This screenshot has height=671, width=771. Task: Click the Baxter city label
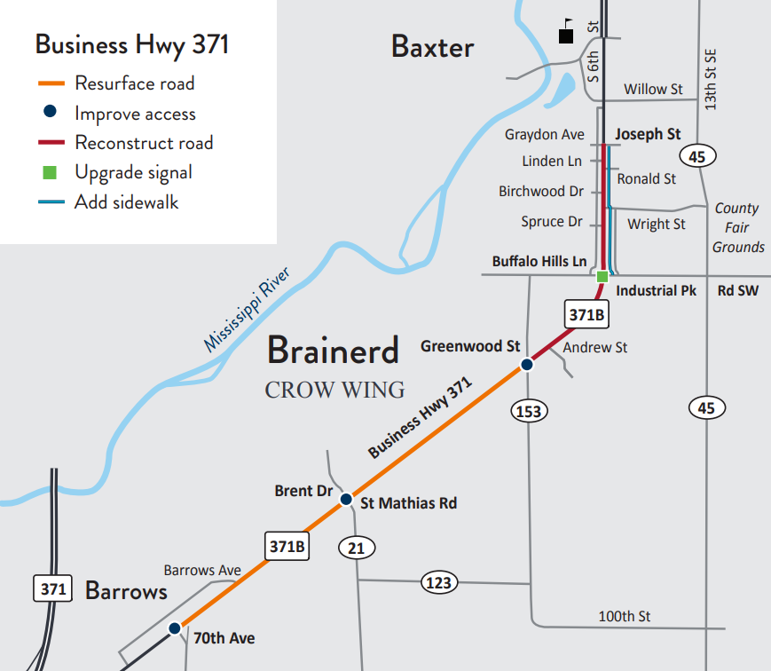pyautogui.click(x=432, y=47)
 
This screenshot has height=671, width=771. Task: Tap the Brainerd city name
pyautogui.click(x=333, y=351)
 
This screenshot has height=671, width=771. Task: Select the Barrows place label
pyautogui.click(x=126, y=591)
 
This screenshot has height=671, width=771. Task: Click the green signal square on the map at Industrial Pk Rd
pyautogui.click(x=602, y=277)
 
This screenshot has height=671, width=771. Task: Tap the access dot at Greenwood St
pyautogui.click(x=526, y=365)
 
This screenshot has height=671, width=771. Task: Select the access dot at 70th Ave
pyautogui.click(x=175, y=628)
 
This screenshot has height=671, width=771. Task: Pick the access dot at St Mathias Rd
pyautogui.click(x=347, y=501)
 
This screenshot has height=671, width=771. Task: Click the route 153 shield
pyautogui.click(x=529, y=411)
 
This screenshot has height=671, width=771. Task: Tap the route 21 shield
pyautogui.click(x=356, y=549)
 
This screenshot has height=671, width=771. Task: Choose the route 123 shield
pyautogui.click(x=438, y=583)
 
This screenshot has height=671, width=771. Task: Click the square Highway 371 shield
pyautogui.click(x=52, y=588)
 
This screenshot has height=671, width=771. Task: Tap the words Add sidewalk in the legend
pyautogui.click(x=126, y=201)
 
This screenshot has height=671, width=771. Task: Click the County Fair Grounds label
pyautogui.click(x=737, y=227)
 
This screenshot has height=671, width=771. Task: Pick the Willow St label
pyautogui.click(x=653, y=89)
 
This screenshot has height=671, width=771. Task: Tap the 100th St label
pyautogui.click(x=625, y=616)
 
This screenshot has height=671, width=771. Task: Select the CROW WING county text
pyautogui.click(x=334, y=390)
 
